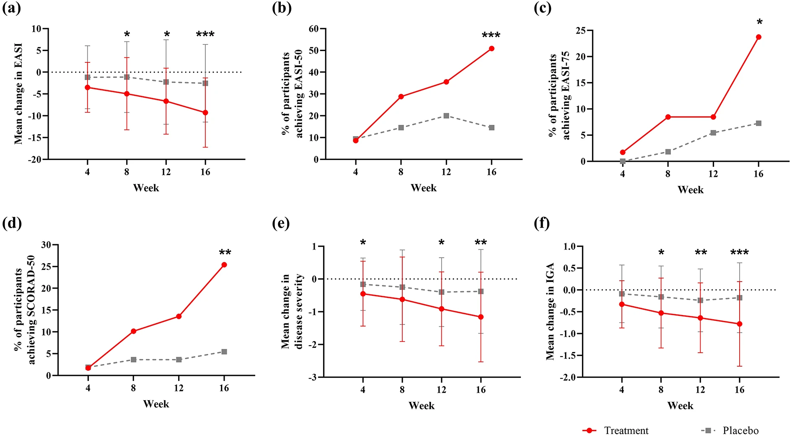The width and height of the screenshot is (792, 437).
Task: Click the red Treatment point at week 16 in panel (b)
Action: click(492, 49)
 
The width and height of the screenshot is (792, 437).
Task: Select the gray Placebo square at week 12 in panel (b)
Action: click(446, 116)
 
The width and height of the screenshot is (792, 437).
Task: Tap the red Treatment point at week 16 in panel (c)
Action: click(758, 37)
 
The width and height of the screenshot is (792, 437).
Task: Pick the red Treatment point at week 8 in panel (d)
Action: click(133, 331)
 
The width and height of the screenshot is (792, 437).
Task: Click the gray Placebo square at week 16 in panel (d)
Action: click(224, 352)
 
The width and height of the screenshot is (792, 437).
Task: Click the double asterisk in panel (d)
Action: click(225, 252)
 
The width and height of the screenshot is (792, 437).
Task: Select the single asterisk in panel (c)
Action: click(759, 22)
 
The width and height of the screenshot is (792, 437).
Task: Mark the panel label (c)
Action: click(543, 8)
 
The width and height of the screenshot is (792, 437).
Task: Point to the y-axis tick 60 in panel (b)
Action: click(313, 29)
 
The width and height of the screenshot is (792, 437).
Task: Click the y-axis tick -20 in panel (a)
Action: click(36, 159)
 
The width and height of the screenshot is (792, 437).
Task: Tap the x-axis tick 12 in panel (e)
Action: click(441, 390)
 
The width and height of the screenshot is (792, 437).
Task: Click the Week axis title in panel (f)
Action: click(680, 406)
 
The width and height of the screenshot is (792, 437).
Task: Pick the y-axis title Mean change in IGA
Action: click(550, 311)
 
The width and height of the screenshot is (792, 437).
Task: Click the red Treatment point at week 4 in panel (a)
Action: click(88, 87)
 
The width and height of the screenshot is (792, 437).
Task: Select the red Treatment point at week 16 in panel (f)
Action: click(740, 324)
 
